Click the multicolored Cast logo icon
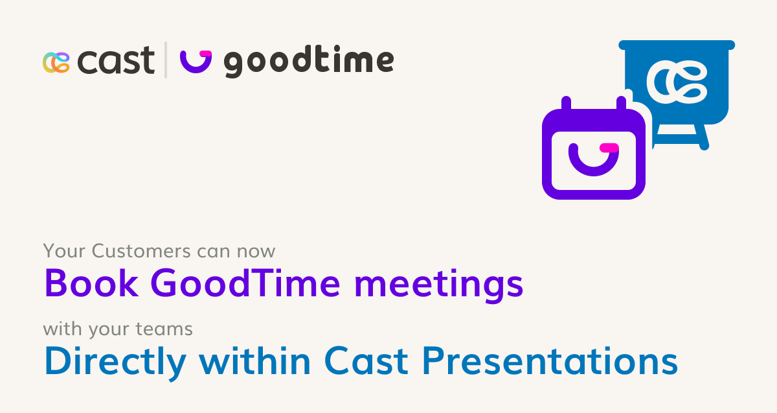pos(56,62)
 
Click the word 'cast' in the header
pos(116,62)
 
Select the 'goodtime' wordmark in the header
pos(308,62)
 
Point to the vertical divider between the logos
pos(166,60)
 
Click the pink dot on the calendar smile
pos(609,148)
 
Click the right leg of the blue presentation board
pos(702,136)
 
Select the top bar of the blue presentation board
pos(677,45)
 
